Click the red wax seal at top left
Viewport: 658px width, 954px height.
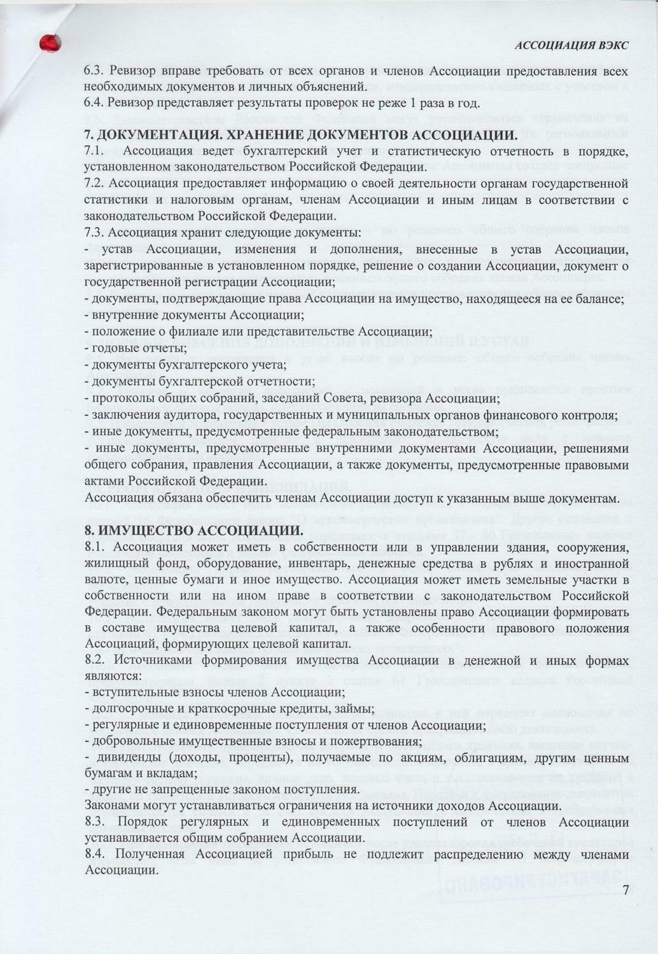[50, 43]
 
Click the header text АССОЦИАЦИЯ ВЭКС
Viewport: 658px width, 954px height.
[571, 45]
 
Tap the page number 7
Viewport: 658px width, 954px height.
[626, 889]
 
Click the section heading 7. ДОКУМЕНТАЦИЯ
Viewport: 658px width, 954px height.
[299, 135]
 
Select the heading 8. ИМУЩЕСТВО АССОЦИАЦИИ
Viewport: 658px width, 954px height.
[194, 531]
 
